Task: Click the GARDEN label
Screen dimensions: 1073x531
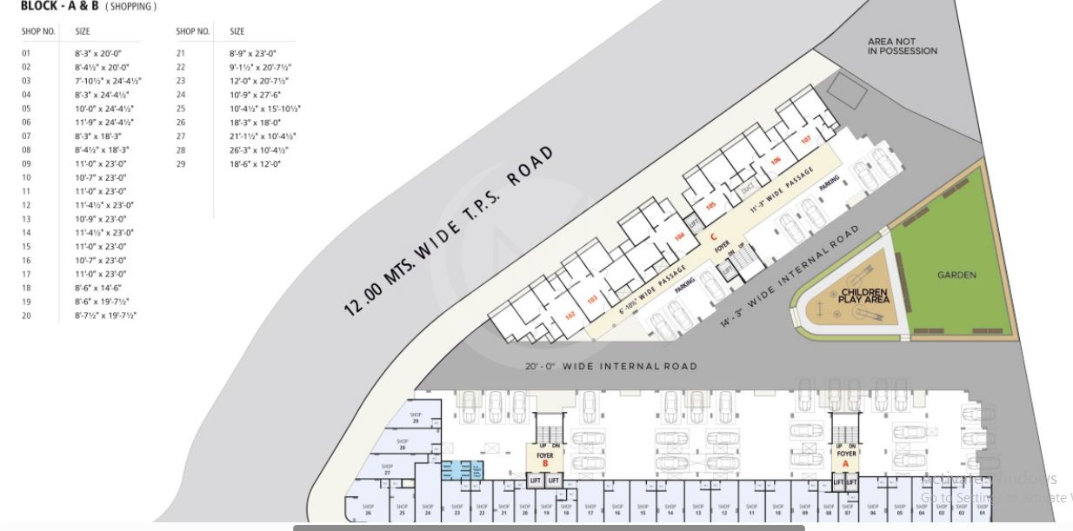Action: pyautogui.click(x=956, y=275)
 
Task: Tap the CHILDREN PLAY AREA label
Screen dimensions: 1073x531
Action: pyautogui.click(x=864, y=295)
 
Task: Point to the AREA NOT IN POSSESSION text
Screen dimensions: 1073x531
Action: pyautogui.click(x=902, y=46)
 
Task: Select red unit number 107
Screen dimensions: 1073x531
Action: pyautogui.click(x=805, y=139)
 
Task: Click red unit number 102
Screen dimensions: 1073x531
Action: pyautogui.click(x=570, y=315)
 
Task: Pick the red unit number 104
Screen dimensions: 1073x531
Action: pyautogui.click(x=679, y=236)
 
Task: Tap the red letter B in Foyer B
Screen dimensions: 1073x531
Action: pyautogui.click(x=545, y=463)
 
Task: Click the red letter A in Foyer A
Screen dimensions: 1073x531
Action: pyautogui.click(x=845, y=463)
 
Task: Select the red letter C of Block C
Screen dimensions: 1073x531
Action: pyautogui.click(x=713, y=236)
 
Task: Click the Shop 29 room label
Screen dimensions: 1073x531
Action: pyautogui.click(x=416, y=418)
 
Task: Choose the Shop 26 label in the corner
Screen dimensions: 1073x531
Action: pyautogui.click(x=368, y=509)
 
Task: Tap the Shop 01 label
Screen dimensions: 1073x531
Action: pyautogui.click(x=982, y=509)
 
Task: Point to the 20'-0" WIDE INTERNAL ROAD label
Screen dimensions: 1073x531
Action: pyautogui.click(x=610, y=366)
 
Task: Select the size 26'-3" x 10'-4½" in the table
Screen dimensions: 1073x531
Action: pyautogui.click(x=259, y=149)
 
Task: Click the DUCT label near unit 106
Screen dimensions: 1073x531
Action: pyautogui.click(x=746, y=189)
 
